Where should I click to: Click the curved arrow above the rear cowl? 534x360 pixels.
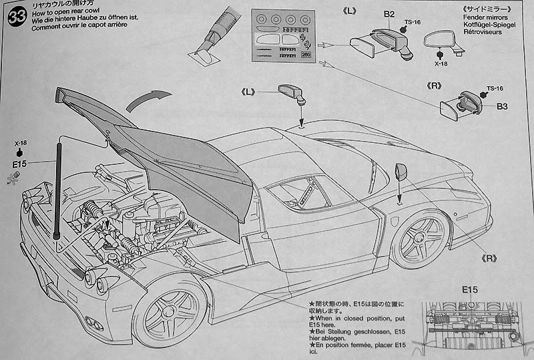(146, 101)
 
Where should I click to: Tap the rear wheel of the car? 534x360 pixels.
(170, 313)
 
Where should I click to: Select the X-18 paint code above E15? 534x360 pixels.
(21, 142)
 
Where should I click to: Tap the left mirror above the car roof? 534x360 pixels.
(292, 94)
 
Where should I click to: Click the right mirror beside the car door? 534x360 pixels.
(401, 172)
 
